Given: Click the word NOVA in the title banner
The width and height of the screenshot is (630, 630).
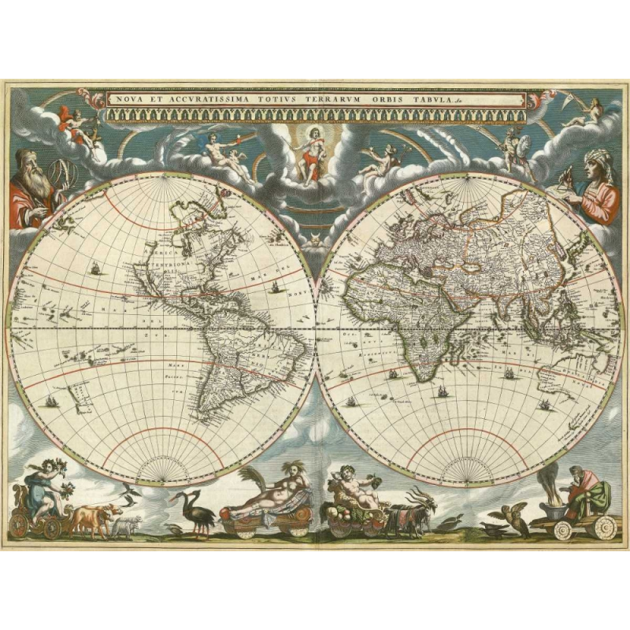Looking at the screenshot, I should (122, 100).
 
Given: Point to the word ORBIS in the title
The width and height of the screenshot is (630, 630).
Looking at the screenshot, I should (398, 100).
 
